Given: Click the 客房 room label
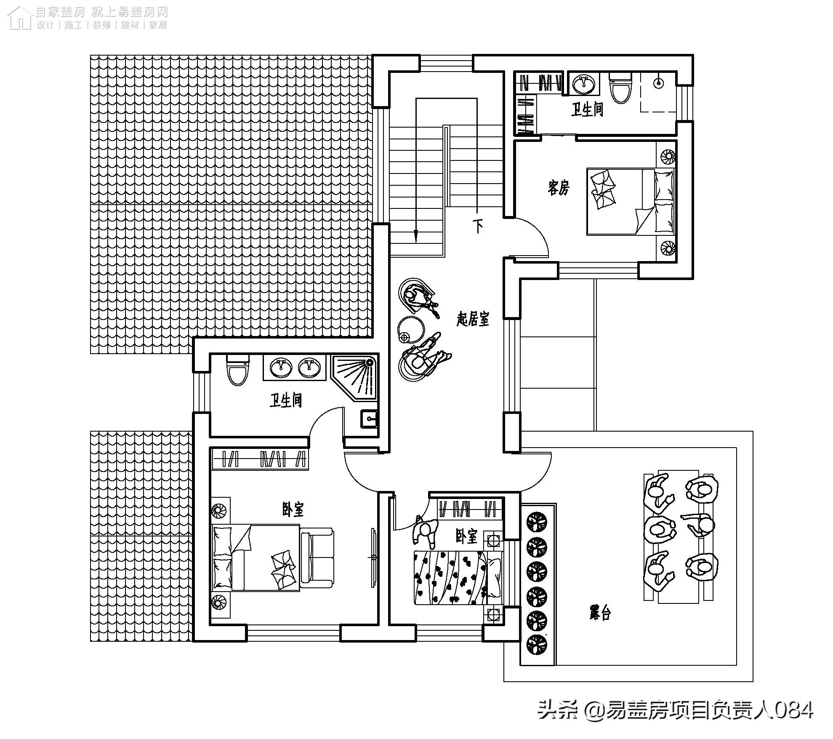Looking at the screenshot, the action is click(559, 187).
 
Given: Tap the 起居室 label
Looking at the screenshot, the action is click(473, 319).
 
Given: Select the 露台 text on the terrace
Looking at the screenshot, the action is click(599, 613).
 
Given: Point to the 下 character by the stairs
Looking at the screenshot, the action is click(479, 226).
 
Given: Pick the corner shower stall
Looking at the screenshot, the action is click(356, 376).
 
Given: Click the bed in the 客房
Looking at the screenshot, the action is click(630, 202).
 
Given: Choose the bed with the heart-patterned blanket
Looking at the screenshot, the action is click(458, 577).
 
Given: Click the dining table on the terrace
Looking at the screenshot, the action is click(679, 537).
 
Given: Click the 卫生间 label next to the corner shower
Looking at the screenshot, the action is click(286, 400).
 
